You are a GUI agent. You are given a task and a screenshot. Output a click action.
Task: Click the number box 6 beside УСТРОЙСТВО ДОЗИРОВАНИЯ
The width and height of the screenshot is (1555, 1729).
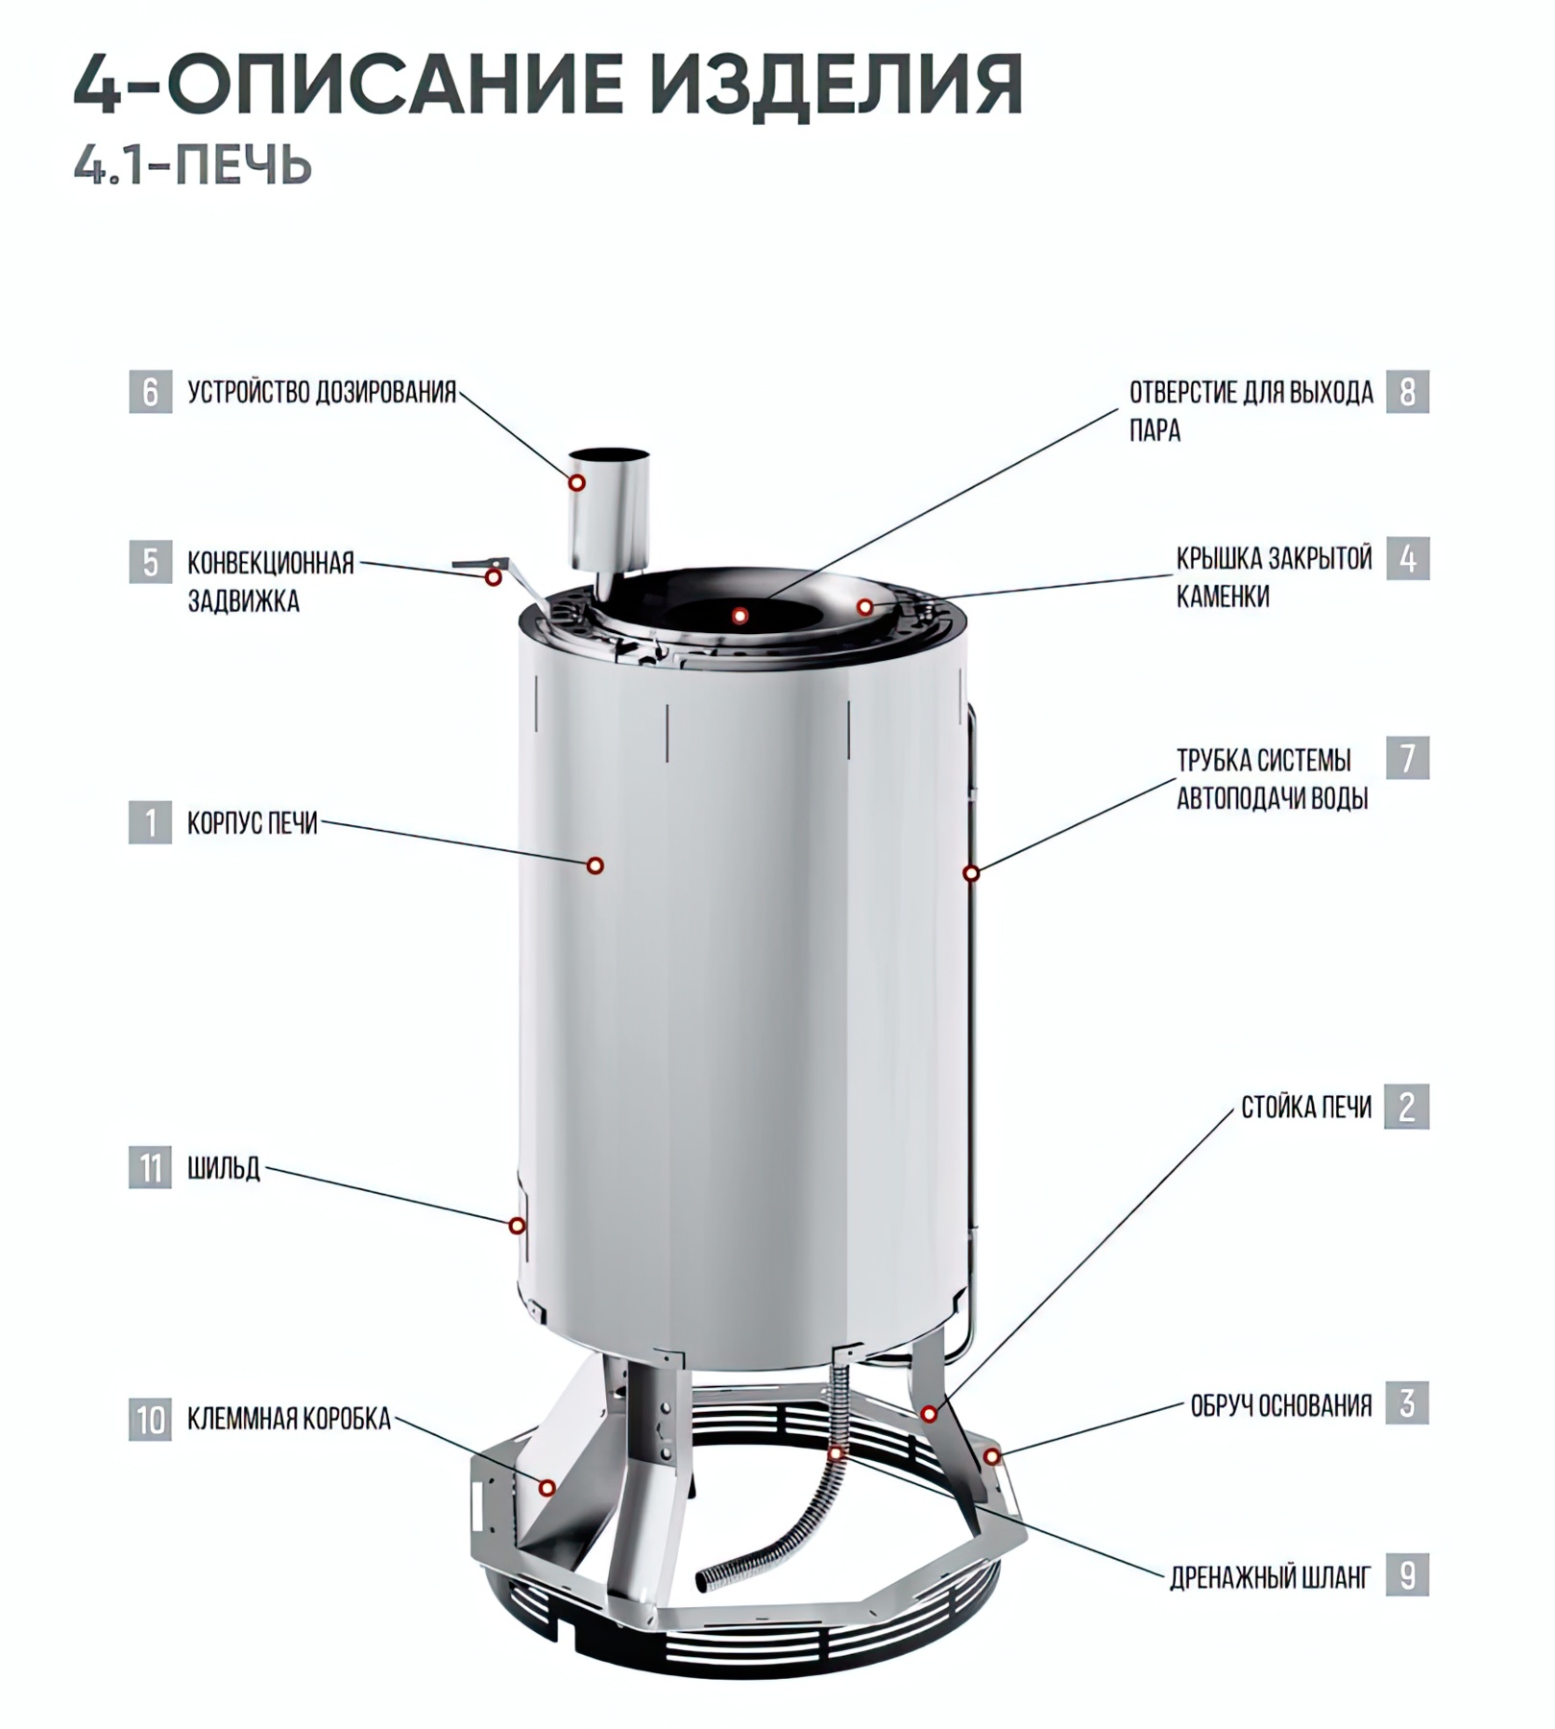tap(151, 392)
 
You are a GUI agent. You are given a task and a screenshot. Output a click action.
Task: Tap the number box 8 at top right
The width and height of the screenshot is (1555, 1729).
tap(1407, 392)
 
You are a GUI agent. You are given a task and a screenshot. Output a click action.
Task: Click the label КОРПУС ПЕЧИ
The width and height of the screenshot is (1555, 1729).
tap(252, 823)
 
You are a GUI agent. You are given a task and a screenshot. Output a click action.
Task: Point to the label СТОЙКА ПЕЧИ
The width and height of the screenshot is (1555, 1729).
tap(1306, 1108)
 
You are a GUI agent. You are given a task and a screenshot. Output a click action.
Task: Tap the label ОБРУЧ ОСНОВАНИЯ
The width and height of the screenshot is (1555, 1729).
tap(1281, 1405)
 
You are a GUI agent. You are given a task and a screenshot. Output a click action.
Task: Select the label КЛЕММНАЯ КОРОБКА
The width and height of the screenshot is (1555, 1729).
tap(289, 1419)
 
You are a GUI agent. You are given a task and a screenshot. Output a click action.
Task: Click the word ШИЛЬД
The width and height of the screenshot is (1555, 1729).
tap(224, 1169)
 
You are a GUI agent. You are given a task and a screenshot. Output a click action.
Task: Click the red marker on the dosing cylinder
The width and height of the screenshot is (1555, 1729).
tap(576, 482)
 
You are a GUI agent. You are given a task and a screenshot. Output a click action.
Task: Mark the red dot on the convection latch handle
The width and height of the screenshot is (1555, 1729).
tap(494, 577)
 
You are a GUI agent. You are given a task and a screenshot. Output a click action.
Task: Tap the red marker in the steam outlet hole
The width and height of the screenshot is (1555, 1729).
tap(740, 616)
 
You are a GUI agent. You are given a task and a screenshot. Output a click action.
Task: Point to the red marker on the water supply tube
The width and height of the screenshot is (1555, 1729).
tap(971, 873)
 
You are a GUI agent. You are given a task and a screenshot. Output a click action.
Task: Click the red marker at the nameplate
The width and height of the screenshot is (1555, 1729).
tap(517, 1226)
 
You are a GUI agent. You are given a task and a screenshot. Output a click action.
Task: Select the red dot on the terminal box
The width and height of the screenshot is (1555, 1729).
tap(547, 1488)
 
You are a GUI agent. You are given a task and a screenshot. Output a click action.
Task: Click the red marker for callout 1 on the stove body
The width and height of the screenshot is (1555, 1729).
tap(595, 865)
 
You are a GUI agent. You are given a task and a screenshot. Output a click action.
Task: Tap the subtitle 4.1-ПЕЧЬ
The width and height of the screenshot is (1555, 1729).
tap(193, 165)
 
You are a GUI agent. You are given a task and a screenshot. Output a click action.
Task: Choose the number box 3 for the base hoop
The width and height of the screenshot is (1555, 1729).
tap(1407, 1403)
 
